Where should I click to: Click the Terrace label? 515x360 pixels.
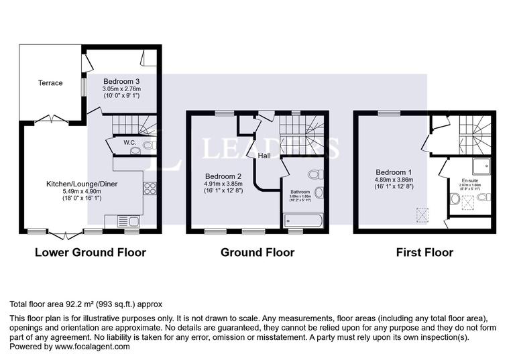click(50, 83)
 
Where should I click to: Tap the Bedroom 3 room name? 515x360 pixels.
click(121, 80)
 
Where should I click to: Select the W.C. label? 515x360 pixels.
click(130, 143)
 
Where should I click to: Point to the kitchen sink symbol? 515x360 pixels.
click(127, 221)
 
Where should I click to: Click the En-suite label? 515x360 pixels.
click(470, 180)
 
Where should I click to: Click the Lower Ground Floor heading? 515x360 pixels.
click(90, 253)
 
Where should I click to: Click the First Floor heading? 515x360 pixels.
click(424, 253)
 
